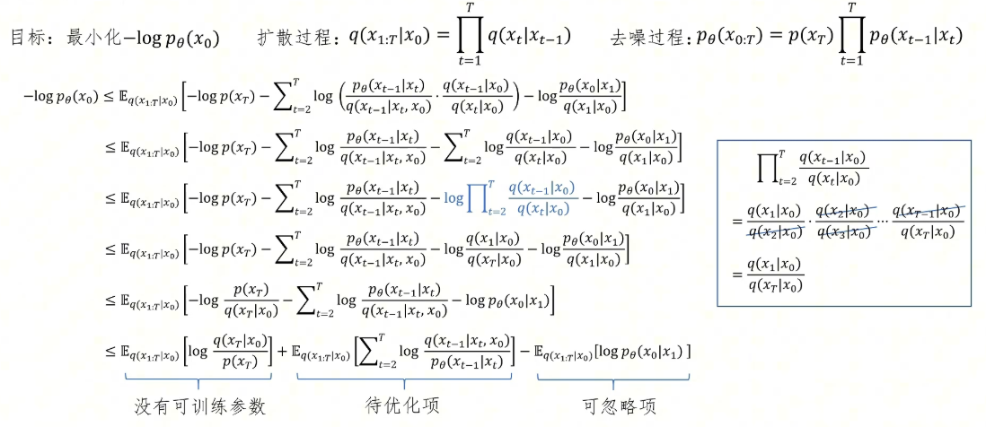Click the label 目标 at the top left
coord(28,38)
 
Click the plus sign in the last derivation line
coord(281,352)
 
